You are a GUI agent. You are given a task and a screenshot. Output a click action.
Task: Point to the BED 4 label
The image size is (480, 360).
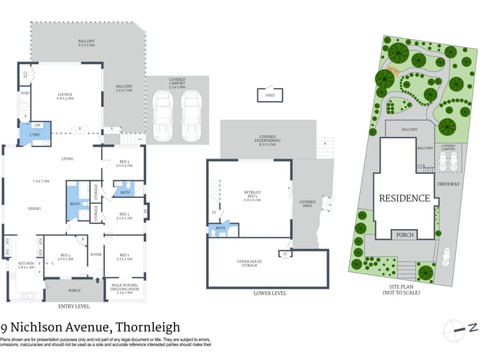(x=65, y=256)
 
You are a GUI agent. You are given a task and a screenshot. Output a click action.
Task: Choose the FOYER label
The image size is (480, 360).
(x=95, y=255)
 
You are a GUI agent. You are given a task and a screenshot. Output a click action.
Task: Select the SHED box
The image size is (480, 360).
(x=269, y=95)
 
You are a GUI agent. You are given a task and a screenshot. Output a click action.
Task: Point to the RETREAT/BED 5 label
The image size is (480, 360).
(x=252, y=195)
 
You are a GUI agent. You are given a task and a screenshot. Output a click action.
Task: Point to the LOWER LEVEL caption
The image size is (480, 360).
(x=269, y=293)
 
